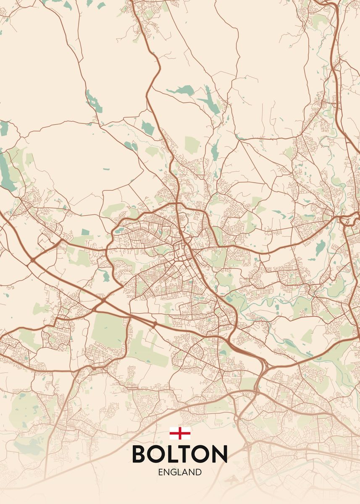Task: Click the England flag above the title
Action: tap(180, 433)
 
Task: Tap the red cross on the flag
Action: tap(180, 433)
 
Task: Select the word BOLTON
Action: tap(180, 454)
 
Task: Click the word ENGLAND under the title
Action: tap(180, 472)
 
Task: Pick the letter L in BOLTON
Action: tap(174, 454)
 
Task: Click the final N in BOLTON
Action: tap(221, 454)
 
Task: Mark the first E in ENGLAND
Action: tap(160, 472)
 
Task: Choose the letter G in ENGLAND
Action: tap(173, 472)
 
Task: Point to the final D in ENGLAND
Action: tap(198, 472)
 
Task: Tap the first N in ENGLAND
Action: tap(166, 472)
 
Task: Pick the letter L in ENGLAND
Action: tap(180, 472)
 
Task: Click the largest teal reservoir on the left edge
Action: tap(6, 172)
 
